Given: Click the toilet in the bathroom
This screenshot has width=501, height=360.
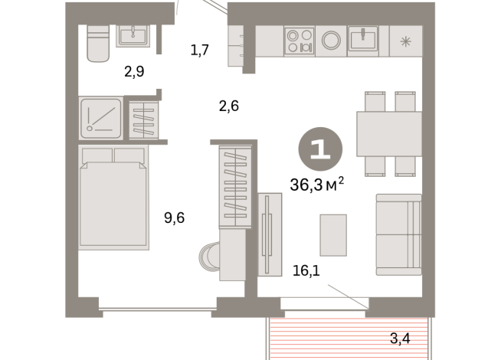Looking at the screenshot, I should pos(98,44).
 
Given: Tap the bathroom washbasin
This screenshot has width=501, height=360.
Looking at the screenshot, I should pos(133,35).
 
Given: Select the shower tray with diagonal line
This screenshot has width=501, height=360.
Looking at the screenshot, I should pos(100,118).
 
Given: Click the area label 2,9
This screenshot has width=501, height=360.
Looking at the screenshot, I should pos(134,72).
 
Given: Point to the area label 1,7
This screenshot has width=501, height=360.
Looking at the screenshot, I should pos(199,51).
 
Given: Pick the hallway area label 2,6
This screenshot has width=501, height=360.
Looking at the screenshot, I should pos(228,106).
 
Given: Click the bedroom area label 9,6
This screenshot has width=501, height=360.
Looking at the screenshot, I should pos(174,218).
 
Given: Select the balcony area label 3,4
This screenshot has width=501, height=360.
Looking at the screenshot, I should pos(400,338).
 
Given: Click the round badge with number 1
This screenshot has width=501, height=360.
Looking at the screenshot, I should pos(320,149).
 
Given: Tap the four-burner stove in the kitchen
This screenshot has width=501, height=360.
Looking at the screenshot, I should pos(300,41).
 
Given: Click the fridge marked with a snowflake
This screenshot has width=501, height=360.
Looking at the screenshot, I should pos(405,41).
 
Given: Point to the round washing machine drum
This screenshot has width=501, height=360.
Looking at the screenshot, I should pos(332,41).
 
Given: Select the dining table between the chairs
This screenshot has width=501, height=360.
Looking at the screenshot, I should pos(389,134).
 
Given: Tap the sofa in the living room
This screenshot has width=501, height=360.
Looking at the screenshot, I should pos(398,234).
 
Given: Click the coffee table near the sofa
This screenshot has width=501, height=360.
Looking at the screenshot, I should pos(333,234).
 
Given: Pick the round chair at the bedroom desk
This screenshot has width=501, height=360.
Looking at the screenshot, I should pos(208,257).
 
